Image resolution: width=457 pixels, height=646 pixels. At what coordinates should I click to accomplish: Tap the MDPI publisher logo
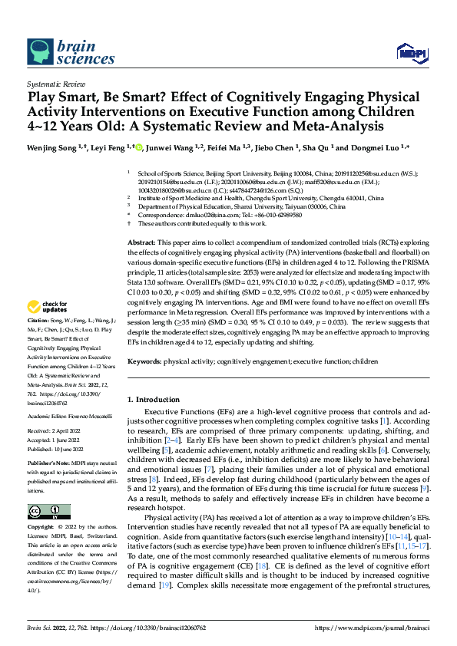(410, 52)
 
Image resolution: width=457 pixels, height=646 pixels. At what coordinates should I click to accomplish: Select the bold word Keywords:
(144, 381)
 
